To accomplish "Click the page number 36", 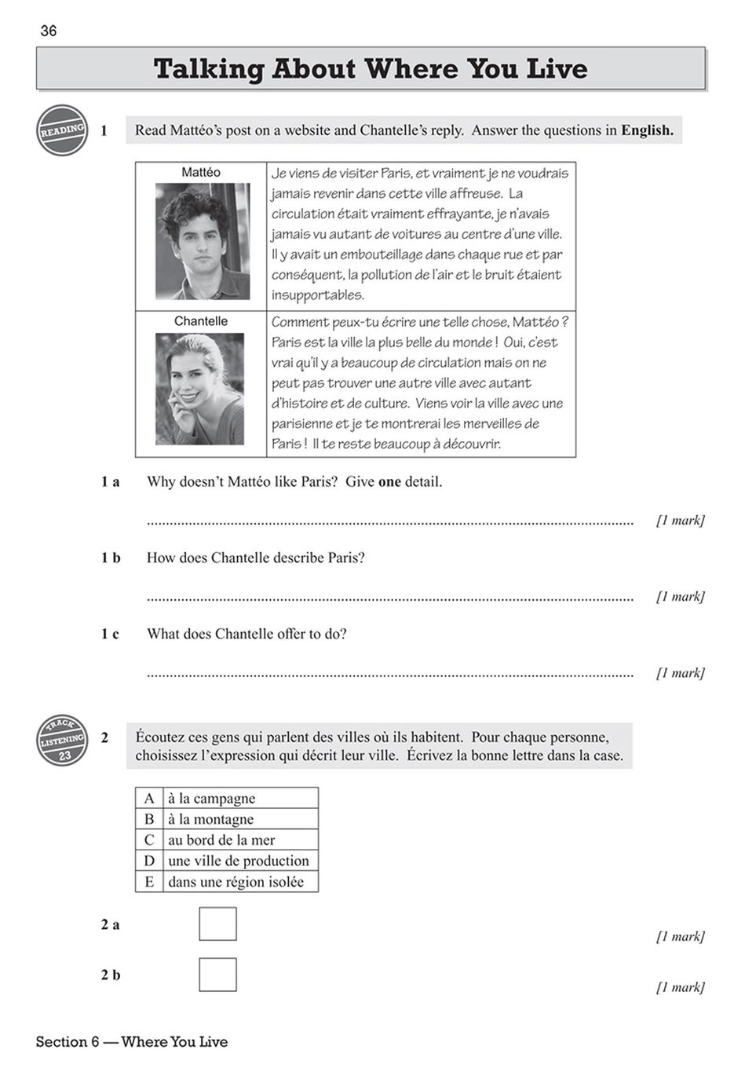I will pyautogui.click(x=49, y=31).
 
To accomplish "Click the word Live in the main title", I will pyautogui.click(x=557, y=69).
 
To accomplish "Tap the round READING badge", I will pyautogui.click(x=62, y=130).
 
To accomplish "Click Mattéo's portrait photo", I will pyautogui.click(x=203, y=241).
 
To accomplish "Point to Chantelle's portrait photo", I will pyautogui.click(x=200, y=389).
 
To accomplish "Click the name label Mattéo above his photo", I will pyautogui.click(x=201, y=172).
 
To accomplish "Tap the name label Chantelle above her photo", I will pyautogui.click(x=201, y=321).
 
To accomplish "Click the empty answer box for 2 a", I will pyautogui.click(x=217, y=924).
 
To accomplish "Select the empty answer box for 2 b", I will pyautogui.click(x=217, y=975).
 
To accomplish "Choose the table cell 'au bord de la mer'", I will pyautogui.click(x=221, y=839).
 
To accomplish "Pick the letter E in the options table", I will pyautogui.click(x=149, y=882).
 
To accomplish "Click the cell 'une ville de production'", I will pyautogui.click(x=239, y=861).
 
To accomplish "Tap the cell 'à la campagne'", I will pyautogui.click(x=212, y=798).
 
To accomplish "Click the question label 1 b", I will pyautogui.click(x=111, y=558).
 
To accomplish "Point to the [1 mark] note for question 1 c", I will pyautogui.click(x=680, y=673).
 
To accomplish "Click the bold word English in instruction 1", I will pyautogui.click(x=647, y=130).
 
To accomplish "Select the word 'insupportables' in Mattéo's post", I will pyautogui.click(x=318, y=295).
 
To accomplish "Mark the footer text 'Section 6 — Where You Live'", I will pyautogui.click(x=132, y=1042).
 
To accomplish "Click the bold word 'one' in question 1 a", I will pyautogui.click(x=389, y=481).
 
